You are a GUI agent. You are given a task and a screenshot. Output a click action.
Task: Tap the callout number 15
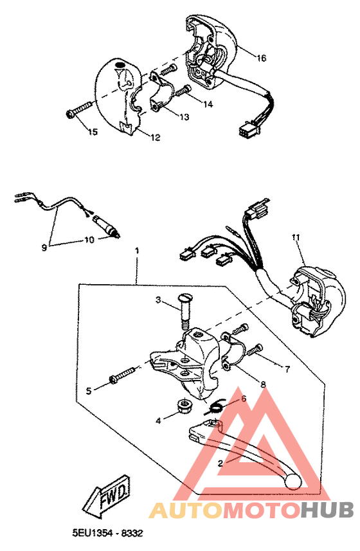(x=93, y=132)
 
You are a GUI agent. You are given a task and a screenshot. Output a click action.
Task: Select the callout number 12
(x=154, y=138)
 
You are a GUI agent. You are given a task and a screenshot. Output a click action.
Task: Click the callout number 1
(x=136, y=248)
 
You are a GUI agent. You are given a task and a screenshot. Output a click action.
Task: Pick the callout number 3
(x=157, y=300)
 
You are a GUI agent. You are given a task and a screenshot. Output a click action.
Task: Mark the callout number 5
(x=89, y=390)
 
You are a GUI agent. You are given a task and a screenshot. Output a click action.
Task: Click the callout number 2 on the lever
(x=221, y=462)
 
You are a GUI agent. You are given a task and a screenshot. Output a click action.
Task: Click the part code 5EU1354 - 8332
(x=107, y=534)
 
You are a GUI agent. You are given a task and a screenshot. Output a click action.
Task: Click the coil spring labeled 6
(x=217, y=406)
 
